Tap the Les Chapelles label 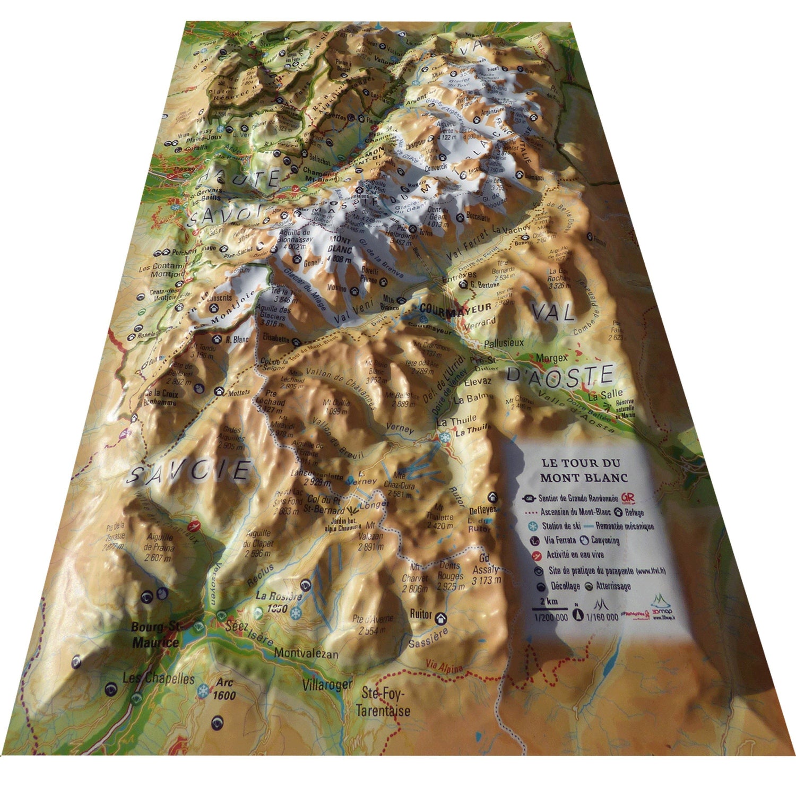pyautogui.click(x=159, y=679)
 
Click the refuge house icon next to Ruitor pyautogui.click(x=440, y=618)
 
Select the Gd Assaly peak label pyautogui.click(x=483, y=565)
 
